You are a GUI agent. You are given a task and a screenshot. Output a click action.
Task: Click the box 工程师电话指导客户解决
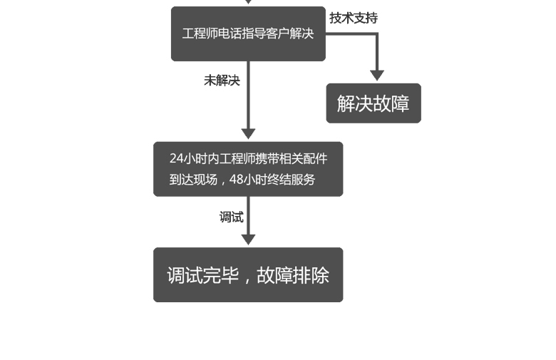tap(247, 34)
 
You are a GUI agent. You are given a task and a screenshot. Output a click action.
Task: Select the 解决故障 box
tap(374, 103)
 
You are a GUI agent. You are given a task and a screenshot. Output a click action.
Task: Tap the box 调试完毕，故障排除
tap(247, 275)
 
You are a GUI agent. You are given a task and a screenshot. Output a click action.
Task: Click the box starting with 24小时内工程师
tap(247, 169)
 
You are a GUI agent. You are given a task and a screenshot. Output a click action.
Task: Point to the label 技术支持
tap(354, 18)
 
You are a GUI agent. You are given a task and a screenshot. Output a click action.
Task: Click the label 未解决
tap(222, 81)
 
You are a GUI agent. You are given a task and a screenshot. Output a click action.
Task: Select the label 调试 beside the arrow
tap(231, 217)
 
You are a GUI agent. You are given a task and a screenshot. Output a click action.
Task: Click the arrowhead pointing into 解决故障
tap(377, 75)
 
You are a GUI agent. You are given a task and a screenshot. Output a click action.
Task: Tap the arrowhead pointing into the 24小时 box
tap(248, 133)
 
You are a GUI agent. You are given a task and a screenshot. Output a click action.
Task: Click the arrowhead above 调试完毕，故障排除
tap(248, 240)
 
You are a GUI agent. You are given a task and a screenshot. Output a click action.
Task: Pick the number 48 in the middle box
tap(236, 180)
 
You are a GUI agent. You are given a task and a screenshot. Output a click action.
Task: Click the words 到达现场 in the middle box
tap(193, 180)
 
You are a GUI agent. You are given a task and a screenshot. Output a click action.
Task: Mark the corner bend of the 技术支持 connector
tap(377, 34)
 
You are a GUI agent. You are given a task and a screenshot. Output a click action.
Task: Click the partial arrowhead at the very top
tap(248, 1)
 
